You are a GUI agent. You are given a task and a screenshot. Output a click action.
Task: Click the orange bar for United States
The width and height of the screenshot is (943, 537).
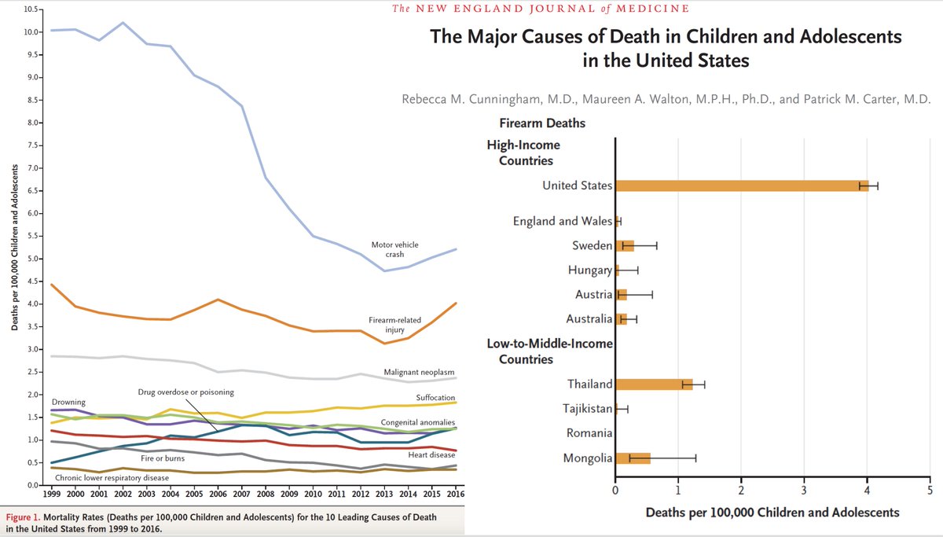(x=741, y=186)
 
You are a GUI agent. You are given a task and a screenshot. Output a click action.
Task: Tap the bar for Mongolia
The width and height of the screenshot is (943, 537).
(x=633, y=458)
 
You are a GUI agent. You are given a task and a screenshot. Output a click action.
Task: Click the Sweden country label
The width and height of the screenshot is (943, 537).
(x=592, y=246)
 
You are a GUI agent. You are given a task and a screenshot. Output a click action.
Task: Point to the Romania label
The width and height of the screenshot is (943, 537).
(x=589, y=433)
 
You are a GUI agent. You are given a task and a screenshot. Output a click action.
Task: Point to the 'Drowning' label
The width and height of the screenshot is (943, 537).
(x=69, y=402)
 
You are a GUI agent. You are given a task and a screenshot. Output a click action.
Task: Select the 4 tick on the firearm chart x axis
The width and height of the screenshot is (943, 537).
(x=867, y=492)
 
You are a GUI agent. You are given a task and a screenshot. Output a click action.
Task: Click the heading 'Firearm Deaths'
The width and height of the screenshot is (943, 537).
(x=542, y=123)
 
